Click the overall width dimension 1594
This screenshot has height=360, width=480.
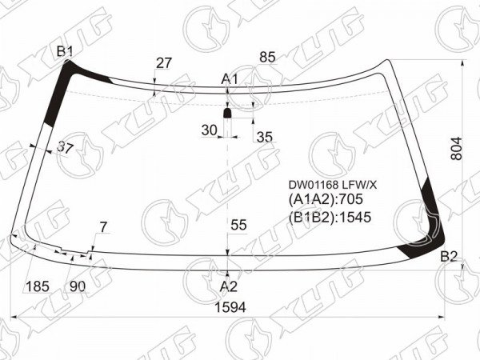230,307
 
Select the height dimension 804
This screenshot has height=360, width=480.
457,149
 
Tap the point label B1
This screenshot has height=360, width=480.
65,52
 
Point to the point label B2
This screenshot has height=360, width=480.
449,257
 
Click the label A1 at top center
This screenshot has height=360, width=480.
230,79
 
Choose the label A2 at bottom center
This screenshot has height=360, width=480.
229,287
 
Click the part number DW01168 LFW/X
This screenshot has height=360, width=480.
333,185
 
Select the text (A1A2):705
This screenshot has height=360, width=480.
326,199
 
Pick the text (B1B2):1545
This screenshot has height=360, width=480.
330,217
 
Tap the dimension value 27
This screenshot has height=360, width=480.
164,63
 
